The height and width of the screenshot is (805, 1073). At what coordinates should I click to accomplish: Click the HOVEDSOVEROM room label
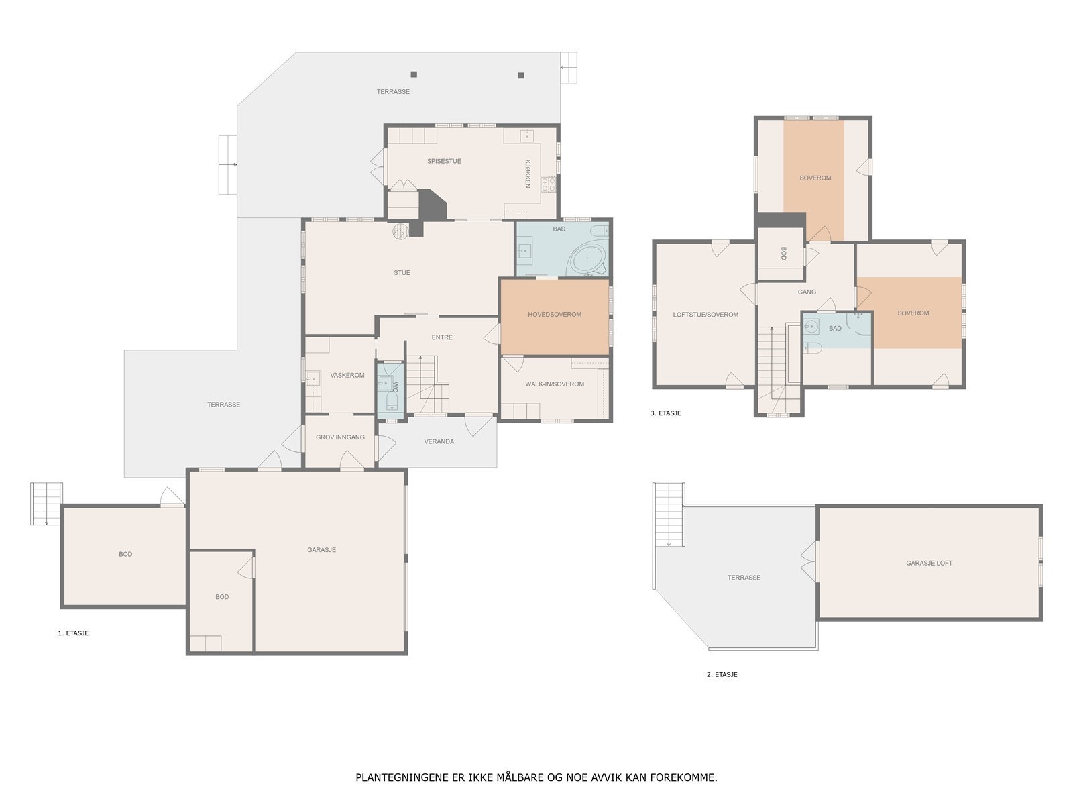coord(555,314)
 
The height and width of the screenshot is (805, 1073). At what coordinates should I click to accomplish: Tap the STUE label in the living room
coord(402,273)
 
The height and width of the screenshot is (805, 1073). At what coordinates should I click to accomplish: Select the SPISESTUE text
coord(444,161)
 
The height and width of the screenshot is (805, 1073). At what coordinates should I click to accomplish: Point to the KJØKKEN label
coord(528,174)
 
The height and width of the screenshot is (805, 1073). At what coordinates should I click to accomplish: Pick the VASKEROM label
coord(347,376)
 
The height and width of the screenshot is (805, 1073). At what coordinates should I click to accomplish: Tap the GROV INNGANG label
coord(340,437)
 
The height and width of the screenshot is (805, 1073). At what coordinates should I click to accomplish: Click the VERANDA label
coord(439,441)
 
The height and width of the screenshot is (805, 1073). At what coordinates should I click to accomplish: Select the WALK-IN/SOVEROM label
coord(555,384)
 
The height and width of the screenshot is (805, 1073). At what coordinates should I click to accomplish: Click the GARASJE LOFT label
coord(929,563)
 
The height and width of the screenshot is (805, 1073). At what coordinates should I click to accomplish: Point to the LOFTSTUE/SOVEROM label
coord(705,315)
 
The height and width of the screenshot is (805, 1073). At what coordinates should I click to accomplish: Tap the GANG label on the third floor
coord(807,292)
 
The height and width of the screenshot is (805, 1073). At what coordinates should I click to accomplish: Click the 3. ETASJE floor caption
coord(665,413)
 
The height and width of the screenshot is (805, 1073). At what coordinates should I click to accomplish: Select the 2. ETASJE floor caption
coord(722,674)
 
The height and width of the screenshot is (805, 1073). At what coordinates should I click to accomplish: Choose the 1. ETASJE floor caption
coord(73,633)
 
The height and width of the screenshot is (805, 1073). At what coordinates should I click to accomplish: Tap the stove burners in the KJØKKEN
coord(549,184)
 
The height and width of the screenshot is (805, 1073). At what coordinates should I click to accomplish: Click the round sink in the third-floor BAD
coord(811,326)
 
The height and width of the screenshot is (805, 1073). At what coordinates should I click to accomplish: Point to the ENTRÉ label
coord(442,337)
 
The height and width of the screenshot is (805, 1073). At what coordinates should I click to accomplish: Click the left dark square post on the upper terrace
coord(414,74)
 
